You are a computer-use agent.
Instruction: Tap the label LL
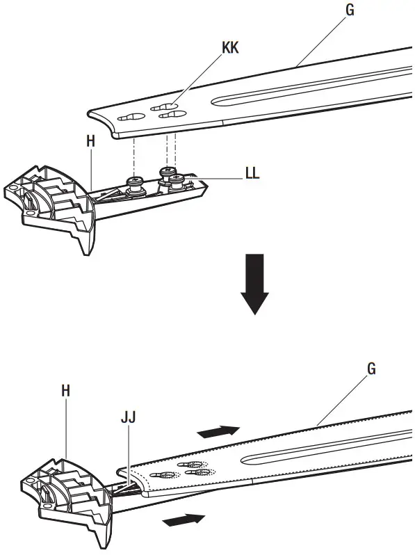pyautogui.click(x=252, y=174)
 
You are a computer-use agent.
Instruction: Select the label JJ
pyautogui.click(x=128, y=417)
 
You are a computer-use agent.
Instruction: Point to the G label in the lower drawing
pyautogui.click(x=371, y=369)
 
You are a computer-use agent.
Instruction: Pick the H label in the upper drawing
pyautogui.click(x=90, y=141)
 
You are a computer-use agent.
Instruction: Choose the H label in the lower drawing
pyautogui.click(x=65, y=392)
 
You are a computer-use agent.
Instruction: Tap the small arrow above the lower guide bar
pyautogui.click(x=218, y=432)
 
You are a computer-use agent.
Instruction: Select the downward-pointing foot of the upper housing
pyautogui.click(x=85, y=240)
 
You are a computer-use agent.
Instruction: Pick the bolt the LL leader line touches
pyautogui.click(x=178, y=180)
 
